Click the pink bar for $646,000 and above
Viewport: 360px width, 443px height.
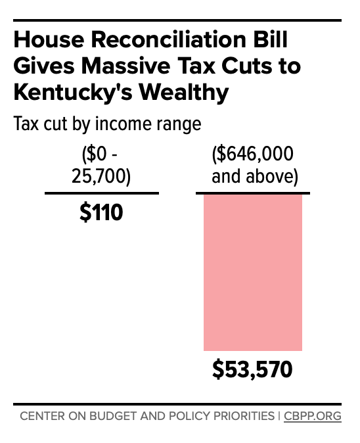[252, 272]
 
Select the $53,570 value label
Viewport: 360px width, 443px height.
[252, 371]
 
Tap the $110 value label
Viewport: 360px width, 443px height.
[101, 213]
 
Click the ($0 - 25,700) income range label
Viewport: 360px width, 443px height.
[101, 166]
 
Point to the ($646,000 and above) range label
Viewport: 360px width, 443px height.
[253, 166]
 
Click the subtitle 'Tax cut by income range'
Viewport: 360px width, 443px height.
[107, 124]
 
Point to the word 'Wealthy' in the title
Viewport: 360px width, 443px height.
[189, 92]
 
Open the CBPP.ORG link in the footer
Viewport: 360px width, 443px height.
[313, 416]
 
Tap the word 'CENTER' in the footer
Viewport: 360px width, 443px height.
[41, 416]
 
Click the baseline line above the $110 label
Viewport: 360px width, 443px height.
[101, 193]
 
